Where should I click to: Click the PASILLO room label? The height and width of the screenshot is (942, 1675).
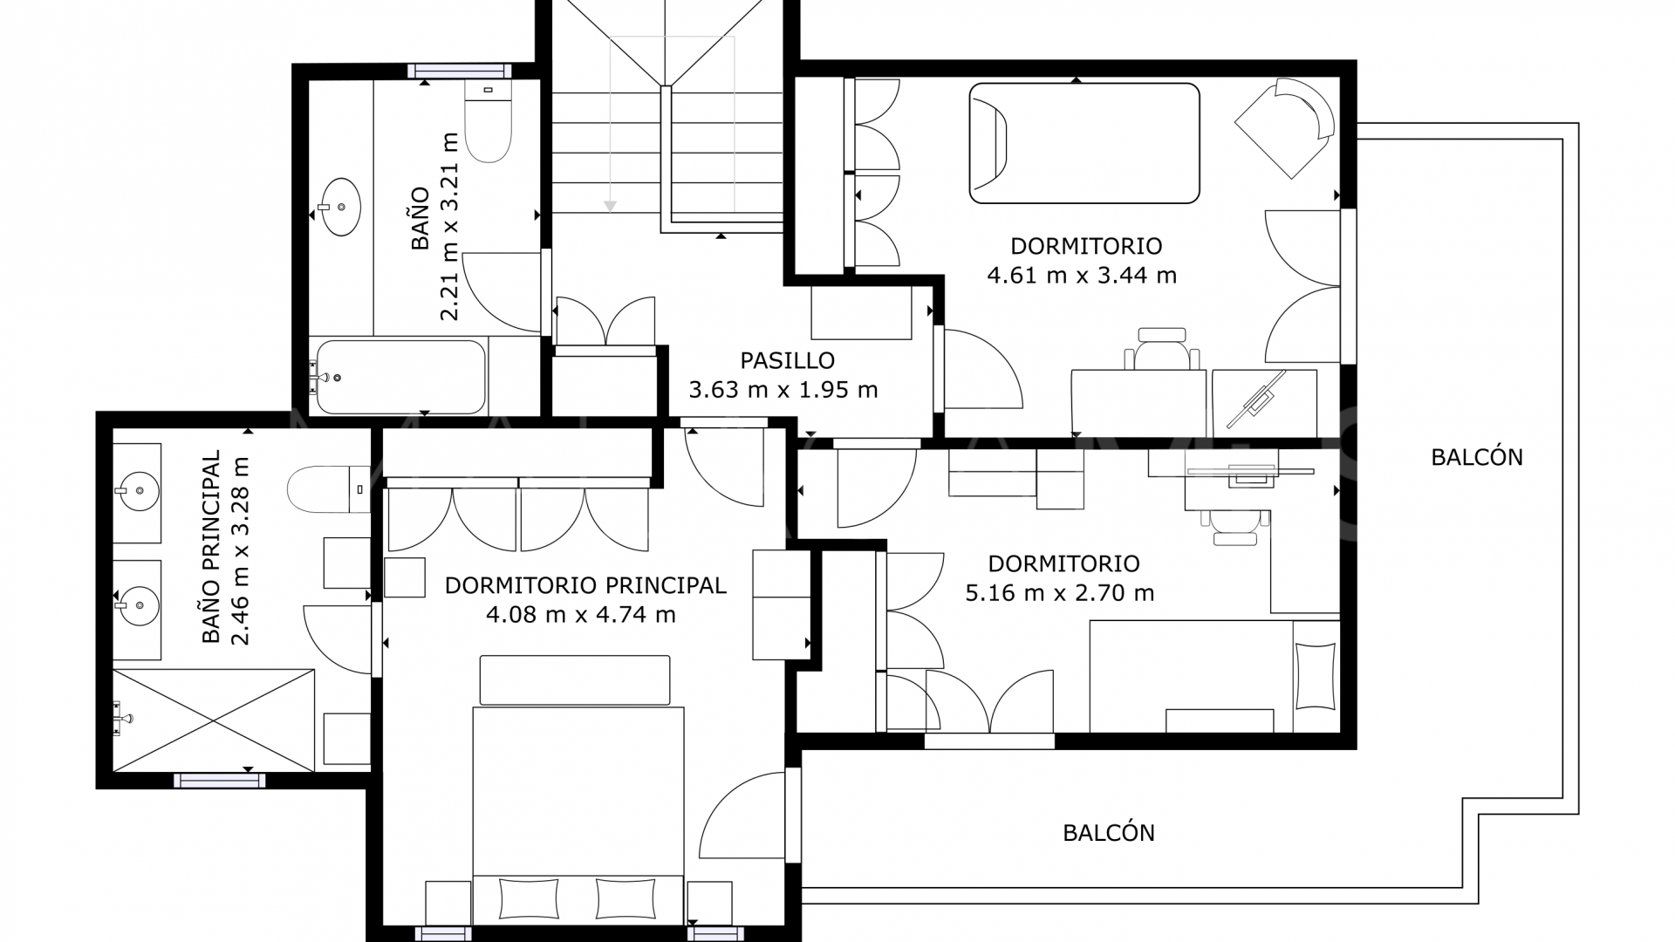point(787,360)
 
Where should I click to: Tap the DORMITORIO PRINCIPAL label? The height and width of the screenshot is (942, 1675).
point(585,585)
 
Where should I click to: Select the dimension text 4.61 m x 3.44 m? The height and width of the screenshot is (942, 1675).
point(1082,276)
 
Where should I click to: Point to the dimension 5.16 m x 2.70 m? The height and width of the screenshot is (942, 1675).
point(1059,593)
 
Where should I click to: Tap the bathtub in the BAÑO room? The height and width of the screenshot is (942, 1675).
point(400,377)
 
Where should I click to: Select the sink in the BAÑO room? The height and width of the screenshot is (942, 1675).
point(338,208)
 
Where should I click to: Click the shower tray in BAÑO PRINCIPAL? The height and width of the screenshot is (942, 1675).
point(213,720)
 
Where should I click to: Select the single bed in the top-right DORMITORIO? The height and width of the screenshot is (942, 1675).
point(1084,143)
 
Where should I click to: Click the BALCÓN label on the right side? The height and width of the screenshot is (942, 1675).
point(1477,457)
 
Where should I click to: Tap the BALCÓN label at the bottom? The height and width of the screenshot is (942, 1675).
point(1109,833)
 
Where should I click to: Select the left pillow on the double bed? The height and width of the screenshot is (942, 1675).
point(529,897)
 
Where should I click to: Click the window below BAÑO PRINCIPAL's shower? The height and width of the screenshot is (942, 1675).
point(219,781)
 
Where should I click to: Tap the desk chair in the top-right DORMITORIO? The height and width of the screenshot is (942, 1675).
point(1162,349)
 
